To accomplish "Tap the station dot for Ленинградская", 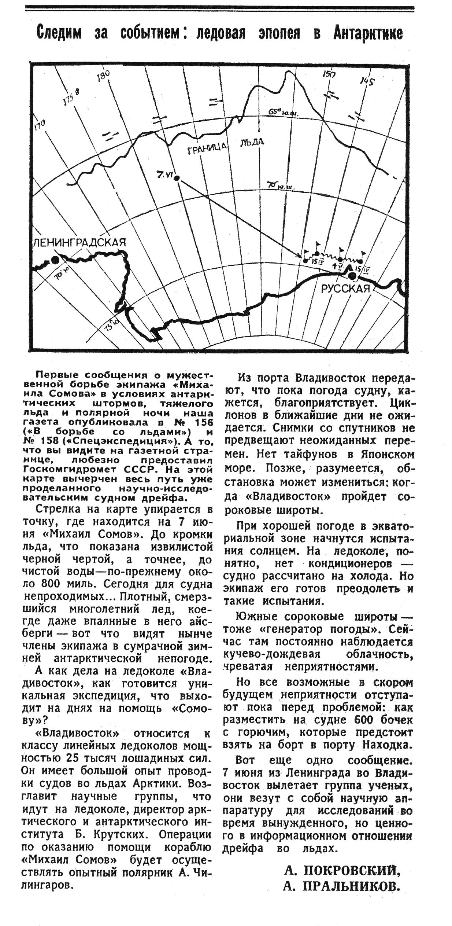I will click(55, 260).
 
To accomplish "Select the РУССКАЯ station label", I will click(345, 289).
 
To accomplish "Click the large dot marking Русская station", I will click(352, 276).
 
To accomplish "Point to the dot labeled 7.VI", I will click(177, 178).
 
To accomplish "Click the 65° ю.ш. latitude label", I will click(284, 112).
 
